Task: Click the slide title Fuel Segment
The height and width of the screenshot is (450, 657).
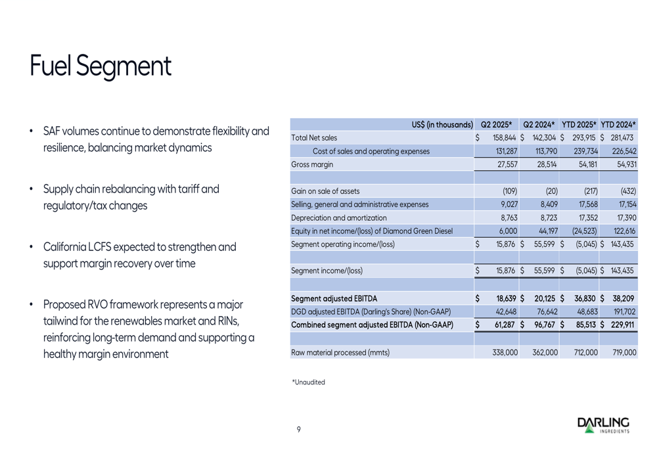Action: tap(101, 66)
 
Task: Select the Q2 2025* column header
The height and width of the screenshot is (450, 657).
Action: tap(497, 124)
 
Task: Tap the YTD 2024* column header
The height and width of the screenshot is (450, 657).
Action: tap(618, 124)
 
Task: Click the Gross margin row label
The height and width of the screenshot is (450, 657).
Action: tap(312, 164)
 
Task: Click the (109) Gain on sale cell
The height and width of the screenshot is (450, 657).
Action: tap(510, 191)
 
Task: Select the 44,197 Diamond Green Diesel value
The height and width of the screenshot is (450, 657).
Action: tap(545, 231)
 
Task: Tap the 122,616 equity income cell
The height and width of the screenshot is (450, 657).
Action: tap(622, 231)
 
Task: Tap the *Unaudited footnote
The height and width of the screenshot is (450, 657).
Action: tap(308, 382)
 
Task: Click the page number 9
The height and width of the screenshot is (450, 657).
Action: tap(298, 430)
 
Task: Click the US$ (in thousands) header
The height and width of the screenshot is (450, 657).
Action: tap(442, 124)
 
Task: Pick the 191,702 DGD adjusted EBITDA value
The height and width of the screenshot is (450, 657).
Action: tap(622, 311)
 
